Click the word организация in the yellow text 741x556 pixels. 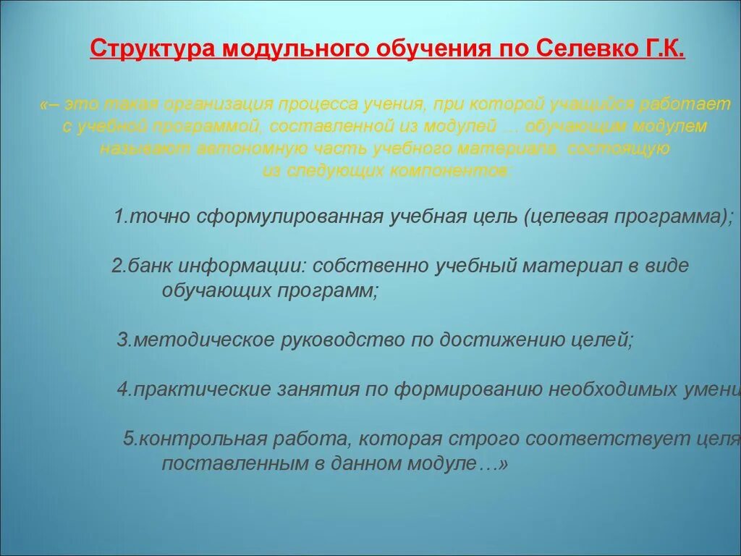click(216, 104)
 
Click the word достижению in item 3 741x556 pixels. click(497, 340)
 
